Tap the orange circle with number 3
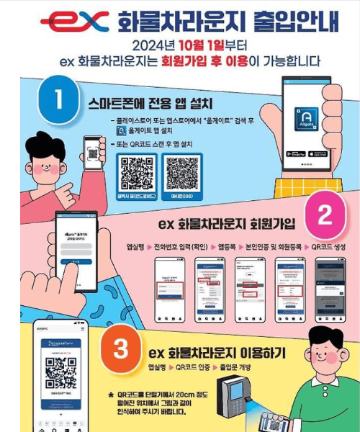121,349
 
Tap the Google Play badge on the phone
295,154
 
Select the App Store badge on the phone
318,154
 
